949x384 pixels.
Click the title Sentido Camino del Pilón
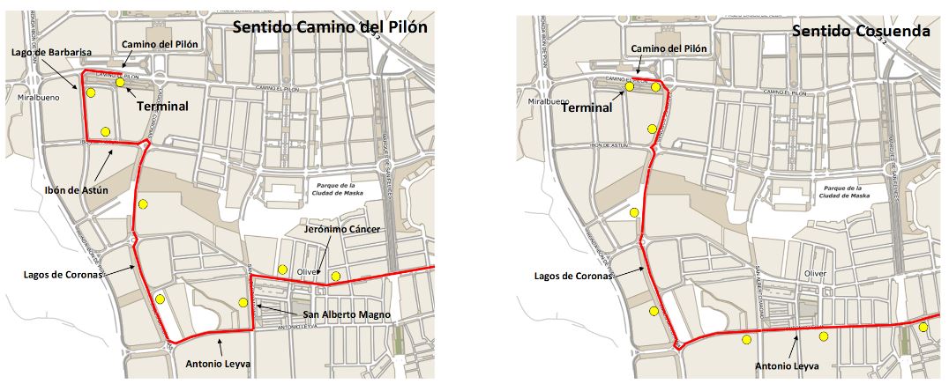330,26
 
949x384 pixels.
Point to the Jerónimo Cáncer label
343,229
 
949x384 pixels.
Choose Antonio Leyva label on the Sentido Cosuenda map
787,366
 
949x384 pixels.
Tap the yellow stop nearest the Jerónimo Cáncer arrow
335,277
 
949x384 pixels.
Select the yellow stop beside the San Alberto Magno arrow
243,303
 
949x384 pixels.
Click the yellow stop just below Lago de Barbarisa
90,92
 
